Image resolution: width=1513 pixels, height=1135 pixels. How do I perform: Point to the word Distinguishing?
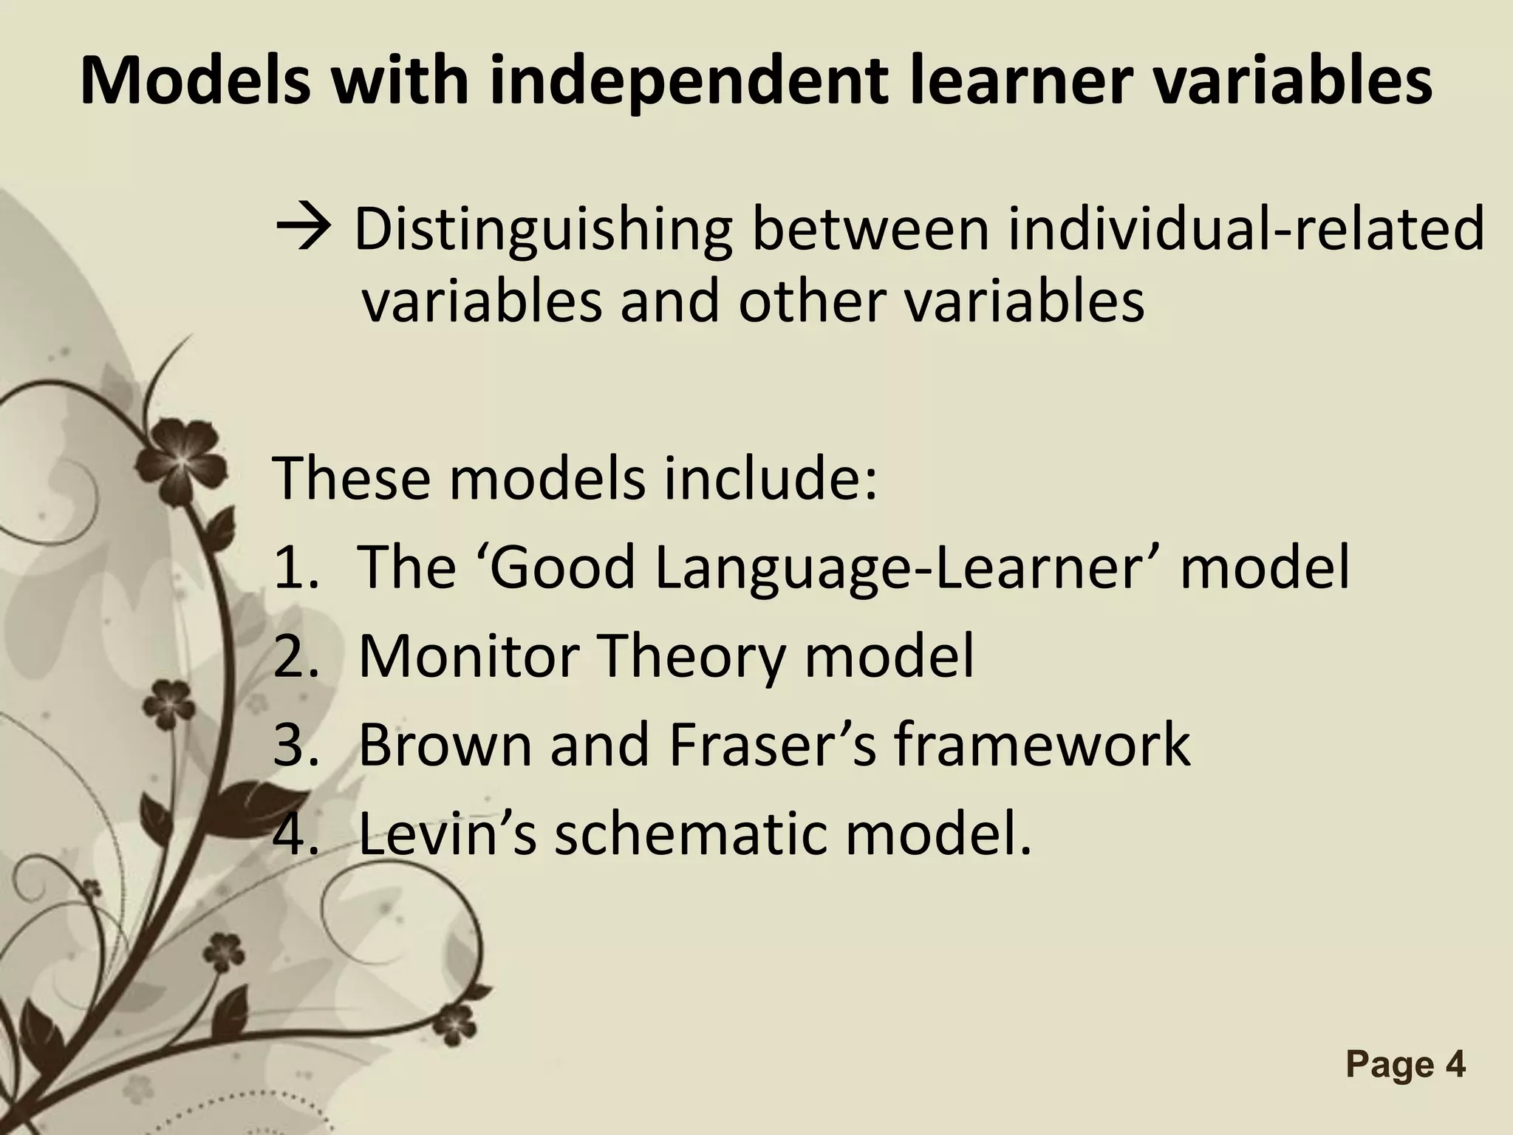pos(544,231)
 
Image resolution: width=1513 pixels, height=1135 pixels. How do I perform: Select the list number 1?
pos(290,567)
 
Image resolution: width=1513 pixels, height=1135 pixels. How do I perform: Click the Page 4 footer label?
pos(1404,1066)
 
